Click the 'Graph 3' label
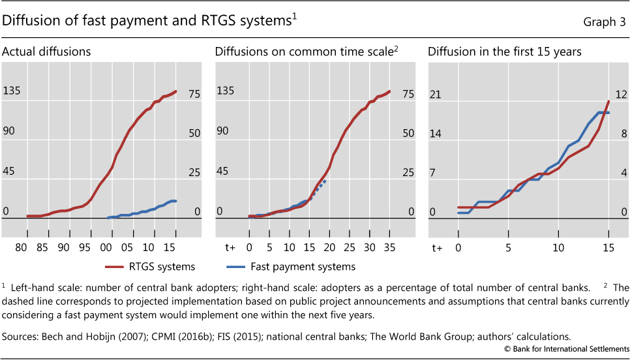click(x=605, y=22)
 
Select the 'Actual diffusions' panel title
click(x=46, y=51)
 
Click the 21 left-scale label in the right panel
click(x=435, y=95)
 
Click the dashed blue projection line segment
click(x=318, y=188)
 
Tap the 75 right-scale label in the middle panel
click(x=408, y=94)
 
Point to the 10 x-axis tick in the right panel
click(x=558, y=248)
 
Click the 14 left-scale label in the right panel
click(x=435, y=134)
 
